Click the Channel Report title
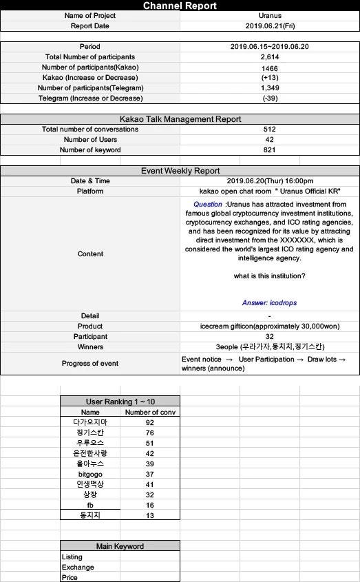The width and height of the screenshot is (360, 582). [180, 6]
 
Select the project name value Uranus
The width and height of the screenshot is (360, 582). [269, 15]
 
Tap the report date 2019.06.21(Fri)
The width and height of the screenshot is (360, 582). [269, 26]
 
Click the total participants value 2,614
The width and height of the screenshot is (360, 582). [269, 57]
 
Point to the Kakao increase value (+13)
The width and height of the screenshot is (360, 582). [269, 78]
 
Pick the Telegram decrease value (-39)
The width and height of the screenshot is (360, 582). [269, 98]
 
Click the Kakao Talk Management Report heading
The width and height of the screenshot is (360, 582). [180, 119]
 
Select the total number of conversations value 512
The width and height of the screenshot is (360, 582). [269, 129]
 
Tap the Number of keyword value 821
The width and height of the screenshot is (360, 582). [269, 150]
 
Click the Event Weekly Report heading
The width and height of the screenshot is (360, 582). [180, 171]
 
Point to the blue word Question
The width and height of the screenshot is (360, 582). [208, 205]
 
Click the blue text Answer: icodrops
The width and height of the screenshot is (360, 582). [269, 303]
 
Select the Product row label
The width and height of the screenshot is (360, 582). [90, 326]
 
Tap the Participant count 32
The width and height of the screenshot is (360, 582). [269, 337]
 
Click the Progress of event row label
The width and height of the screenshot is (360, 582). [90, 364]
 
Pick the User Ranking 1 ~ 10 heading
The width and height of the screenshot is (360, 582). [120, 401]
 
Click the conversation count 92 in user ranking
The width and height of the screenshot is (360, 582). [150, 422]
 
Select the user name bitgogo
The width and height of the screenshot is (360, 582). [90, 474]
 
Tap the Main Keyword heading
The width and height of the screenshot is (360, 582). [120, 546]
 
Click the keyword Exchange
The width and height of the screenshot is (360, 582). [78, 568]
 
